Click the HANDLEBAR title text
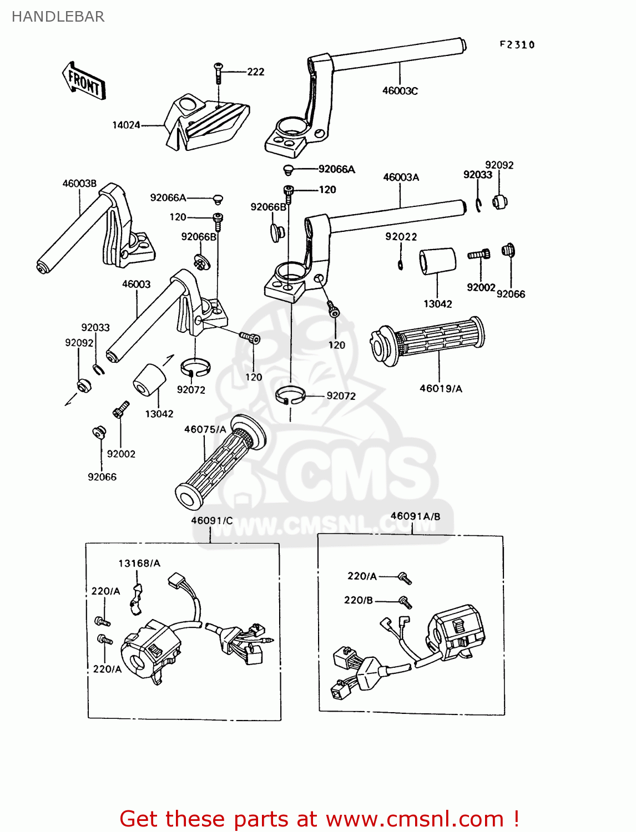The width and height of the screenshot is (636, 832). [58, 17]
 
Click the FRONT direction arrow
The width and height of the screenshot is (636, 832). [83, 81]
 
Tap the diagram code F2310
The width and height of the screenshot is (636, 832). [517, 45]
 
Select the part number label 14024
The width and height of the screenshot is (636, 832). [126, 125]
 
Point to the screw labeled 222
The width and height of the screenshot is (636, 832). [218, 72]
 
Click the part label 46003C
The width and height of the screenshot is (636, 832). [400, 91]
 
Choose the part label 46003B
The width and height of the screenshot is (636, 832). [79, 184]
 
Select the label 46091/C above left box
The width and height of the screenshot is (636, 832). [211, 520]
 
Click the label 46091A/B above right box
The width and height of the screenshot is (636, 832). [415, 516]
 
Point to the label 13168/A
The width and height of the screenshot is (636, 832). [139, 564]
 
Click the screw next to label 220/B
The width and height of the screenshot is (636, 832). [405, 601]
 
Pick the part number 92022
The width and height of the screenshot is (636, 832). [401, 237]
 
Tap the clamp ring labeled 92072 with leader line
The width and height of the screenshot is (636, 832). [290, 395]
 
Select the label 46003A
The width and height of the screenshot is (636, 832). [401, 177]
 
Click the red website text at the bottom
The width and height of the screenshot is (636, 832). [319, 819]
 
